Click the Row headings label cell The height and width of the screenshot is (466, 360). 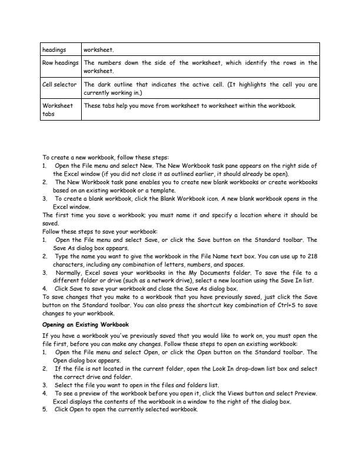[60, 66]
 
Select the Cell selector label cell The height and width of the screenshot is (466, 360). [60, 88]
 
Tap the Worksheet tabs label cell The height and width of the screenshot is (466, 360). [60, 110]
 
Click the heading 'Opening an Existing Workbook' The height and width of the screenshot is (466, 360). [85, 325]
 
